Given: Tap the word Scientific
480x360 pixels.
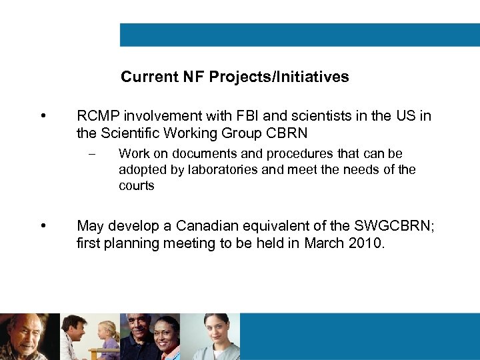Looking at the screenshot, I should pos(131,133).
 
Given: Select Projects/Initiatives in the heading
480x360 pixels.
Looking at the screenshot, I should pos(279,77).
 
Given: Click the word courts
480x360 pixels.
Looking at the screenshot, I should pos(136,186).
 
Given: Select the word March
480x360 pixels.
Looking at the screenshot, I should pos(324,243).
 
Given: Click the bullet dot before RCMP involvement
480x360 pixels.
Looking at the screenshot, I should pos(43,117).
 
